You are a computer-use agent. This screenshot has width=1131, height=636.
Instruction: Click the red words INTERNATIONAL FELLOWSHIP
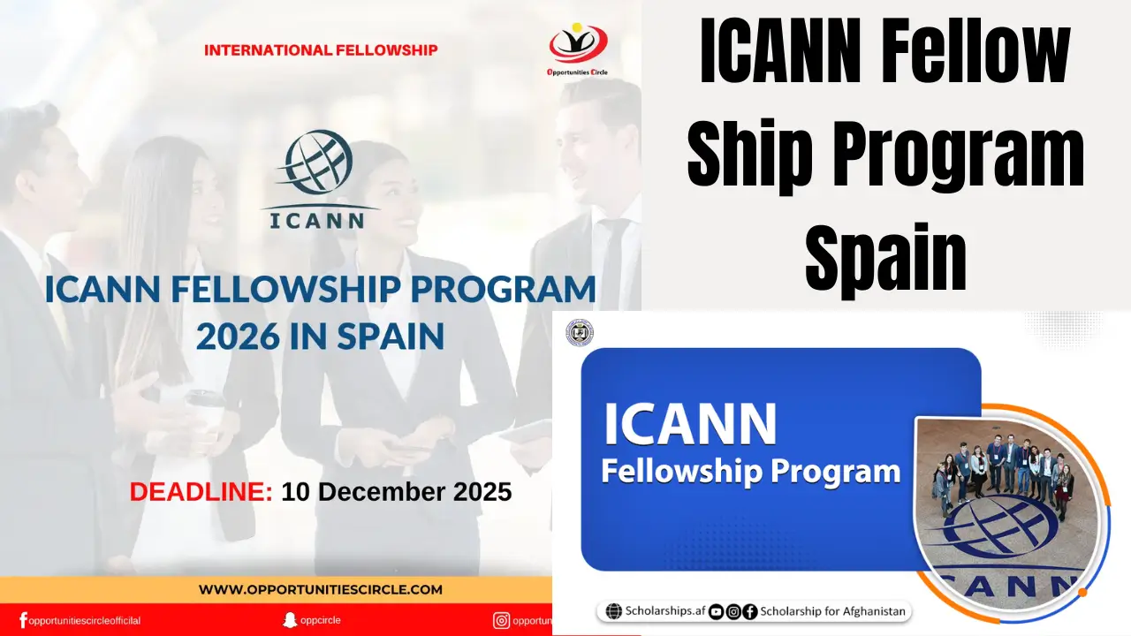[x=321, y=50]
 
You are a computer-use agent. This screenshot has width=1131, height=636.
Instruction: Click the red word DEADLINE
[x=201, y=492]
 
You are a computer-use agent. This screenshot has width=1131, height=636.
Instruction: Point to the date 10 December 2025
[x=396, y=492]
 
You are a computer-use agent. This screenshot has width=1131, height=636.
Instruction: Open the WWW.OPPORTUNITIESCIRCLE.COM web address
[x=320, y=589]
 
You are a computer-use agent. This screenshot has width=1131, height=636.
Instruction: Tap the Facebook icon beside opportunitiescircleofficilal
[x=23, y=620]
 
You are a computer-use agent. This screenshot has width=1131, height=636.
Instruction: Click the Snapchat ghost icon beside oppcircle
[x=289, y=620]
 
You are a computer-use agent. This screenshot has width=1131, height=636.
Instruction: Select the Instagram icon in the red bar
[x=501, y=620]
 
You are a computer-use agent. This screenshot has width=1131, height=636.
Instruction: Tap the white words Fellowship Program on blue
[x=750, y=471]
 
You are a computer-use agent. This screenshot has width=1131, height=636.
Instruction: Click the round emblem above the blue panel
[x=580, y=333]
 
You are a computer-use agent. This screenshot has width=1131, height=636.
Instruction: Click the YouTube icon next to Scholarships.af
[x=716, y=611]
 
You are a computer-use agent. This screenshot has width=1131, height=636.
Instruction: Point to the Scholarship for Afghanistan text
[x=832, y=611]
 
